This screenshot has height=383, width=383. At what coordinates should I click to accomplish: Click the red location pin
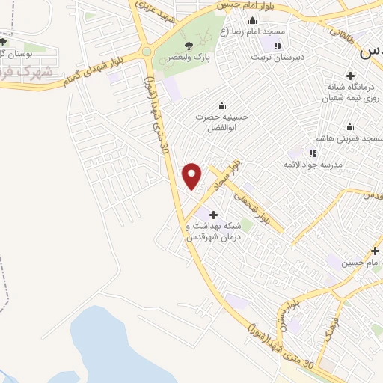[192, 175]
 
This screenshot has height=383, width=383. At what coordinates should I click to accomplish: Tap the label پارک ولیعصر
[187, 56]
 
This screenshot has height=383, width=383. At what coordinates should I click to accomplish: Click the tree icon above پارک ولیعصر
[187, 45]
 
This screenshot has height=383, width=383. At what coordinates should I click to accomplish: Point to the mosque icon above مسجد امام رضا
[252, 21]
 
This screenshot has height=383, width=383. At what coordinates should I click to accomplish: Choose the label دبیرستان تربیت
[277, 56]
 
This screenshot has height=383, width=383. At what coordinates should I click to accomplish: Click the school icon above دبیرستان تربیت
[277, 45]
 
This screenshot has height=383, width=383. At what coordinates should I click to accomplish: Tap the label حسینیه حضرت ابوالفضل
[220, 122]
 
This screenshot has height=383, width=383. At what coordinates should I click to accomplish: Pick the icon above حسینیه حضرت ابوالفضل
[220, 105]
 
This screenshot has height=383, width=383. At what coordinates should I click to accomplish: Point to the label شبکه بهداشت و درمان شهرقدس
[212, 231]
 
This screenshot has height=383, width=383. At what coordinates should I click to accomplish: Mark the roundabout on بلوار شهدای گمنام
[146, 52]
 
